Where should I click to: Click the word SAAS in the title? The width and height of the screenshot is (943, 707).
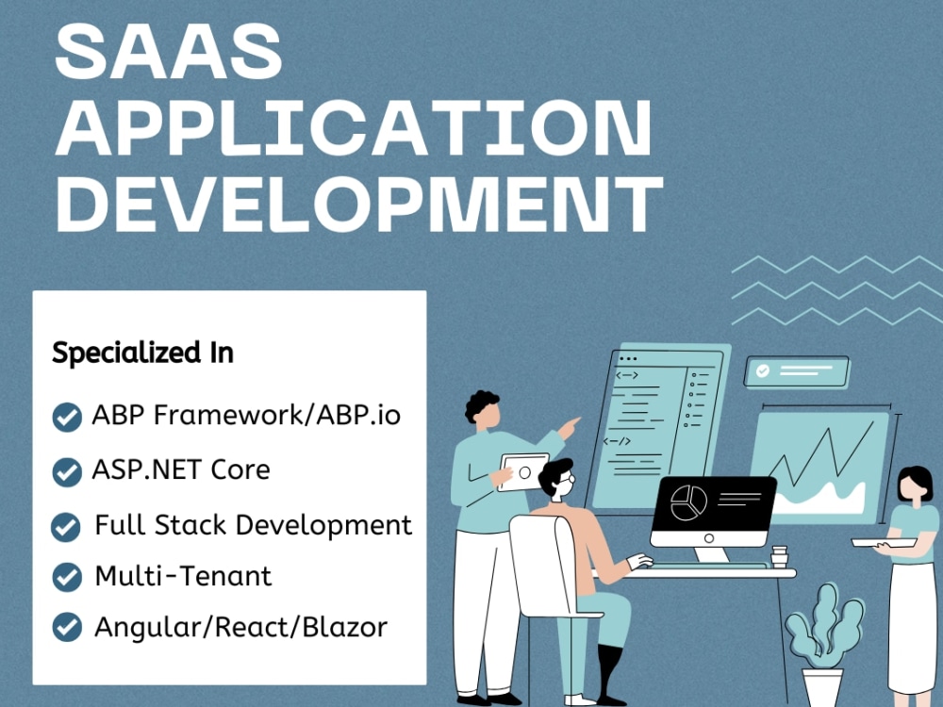coord(169,53)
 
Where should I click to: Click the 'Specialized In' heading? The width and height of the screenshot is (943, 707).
coord(142,353)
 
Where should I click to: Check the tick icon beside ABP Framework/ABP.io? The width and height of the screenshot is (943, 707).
coord(66,417)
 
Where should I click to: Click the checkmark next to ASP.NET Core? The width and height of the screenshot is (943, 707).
coord(66,471)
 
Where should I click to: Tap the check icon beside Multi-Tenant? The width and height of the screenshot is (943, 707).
coord(66,576)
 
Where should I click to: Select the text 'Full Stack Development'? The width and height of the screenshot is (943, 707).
coord(253,525)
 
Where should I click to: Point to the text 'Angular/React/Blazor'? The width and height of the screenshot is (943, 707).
coord(240,627)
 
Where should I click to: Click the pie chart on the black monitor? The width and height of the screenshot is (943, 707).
coord(688,503)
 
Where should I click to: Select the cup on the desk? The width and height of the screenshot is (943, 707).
coord(779,555)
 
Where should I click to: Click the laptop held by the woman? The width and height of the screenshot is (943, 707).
coord(882,542)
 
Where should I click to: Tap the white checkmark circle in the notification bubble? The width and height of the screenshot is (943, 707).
coord(762,371)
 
